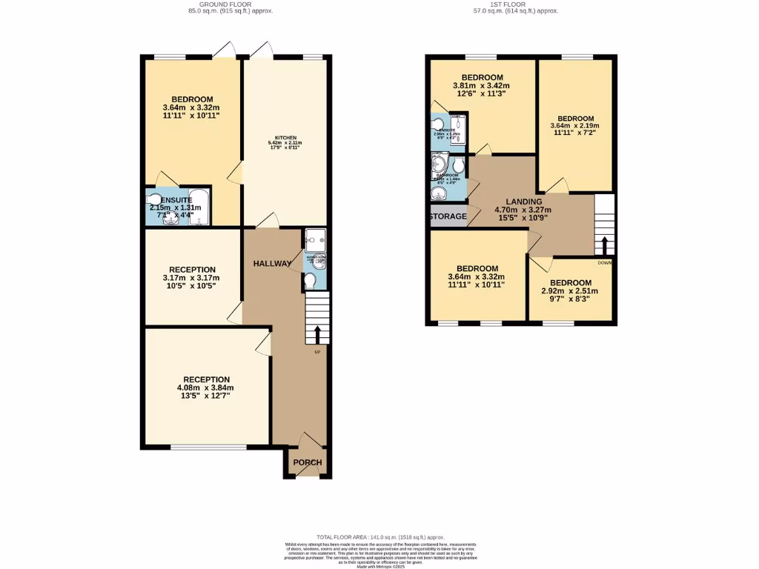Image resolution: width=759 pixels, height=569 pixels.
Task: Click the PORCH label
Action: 308,463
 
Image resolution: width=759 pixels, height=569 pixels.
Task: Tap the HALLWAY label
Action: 272,264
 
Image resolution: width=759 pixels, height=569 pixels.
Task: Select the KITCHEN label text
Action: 286,138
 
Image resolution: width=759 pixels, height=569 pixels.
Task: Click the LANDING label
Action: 524,202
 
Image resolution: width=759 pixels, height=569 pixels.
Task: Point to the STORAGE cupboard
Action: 448,217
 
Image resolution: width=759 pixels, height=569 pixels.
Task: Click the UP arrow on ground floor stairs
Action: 317,332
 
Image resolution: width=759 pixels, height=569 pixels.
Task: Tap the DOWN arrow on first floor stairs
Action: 605,245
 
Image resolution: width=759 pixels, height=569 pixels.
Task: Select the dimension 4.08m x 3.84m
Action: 205,387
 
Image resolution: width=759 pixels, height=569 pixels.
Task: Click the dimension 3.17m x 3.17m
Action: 191,278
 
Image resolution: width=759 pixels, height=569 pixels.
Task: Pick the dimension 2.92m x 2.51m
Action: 571,291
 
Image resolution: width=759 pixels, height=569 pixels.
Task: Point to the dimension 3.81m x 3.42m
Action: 482,86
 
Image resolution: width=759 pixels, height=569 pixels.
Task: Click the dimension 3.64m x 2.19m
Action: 575,126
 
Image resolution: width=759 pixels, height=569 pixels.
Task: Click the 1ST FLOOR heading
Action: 516,4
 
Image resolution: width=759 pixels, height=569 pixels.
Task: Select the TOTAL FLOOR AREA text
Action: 379,536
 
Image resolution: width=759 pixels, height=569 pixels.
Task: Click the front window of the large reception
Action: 208,447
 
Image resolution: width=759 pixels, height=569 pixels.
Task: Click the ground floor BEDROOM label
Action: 192,99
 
